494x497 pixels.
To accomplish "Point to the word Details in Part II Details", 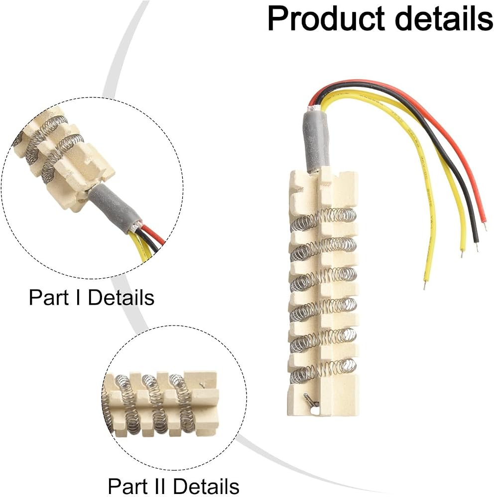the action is (206, 486).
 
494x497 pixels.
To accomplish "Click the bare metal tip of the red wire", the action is (485, 226).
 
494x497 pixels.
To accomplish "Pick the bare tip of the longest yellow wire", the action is (425, 285).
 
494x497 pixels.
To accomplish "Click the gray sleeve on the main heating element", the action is (316, 140).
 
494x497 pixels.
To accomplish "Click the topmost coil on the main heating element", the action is (323, 218).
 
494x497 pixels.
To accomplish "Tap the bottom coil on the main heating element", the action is (323, 370).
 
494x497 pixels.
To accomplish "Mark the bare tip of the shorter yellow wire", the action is (462, 253).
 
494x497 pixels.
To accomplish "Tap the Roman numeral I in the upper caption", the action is (78, 297).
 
